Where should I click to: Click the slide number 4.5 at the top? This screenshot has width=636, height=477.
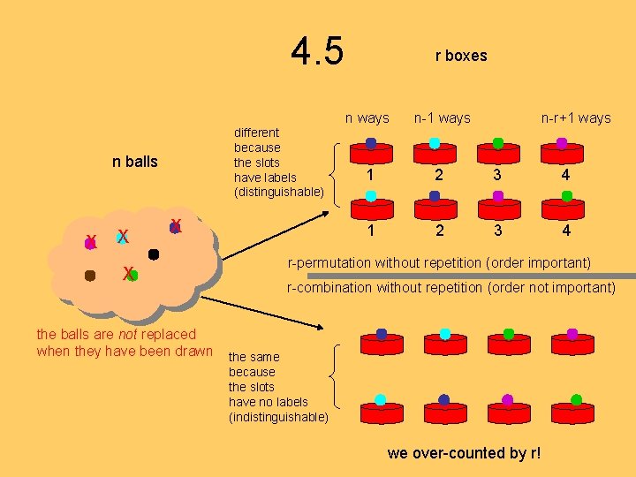pyautogui.click(x=317, y=52)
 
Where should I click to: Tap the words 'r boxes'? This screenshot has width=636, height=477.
pyautogui.click(x=460, y=56)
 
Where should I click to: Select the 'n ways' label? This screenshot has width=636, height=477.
pyautogui.click(x=367, y=117)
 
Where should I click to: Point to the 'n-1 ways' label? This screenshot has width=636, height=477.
pyautogui.click(x=442, y=117)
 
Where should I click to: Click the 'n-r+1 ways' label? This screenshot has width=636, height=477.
pyautogui.click(x=576, y=117)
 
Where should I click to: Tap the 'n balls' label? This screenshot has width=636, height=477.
pyautogui.click(x=135, y=162)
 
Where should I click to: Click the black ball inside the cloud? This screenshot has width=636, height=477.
pyautogui.click(x=154, y=254)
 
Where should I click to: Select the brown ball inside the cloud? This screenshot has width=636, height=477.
pyautogui.click(x=90, y=276)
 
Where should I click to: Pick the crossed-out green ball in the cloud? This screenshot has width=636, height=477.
pyautogui.click(x=132, y=275)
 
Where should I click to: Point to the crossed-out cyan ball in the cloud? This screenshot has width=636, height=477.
pyautogui.click(x=123, y=237)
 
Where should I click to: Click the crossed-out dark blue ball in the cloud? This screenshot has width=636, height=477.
pyautogui.click(x=175, y=227)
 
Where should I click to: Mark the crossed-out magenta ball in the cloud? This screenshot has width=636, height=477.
pyautogui.click(x=90, y=240)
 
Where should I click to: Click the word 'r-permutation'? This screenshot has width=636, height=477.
pyautogui.click(x=328, y=262)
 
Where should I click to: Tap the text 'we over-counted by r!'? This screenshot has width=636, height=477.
pyautogui.click(x=464, y=453)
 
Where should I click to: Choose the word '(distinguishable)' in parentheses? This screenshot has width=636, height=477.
pyautogui.click(x=278, y=192)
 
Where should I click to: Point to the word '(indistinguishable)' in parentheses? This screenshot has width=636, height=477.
pyautogui.click(x=278, y=417)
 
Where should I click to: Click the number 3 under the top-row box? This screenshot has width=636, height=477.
pyautogui.click(x=498, y=175)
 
